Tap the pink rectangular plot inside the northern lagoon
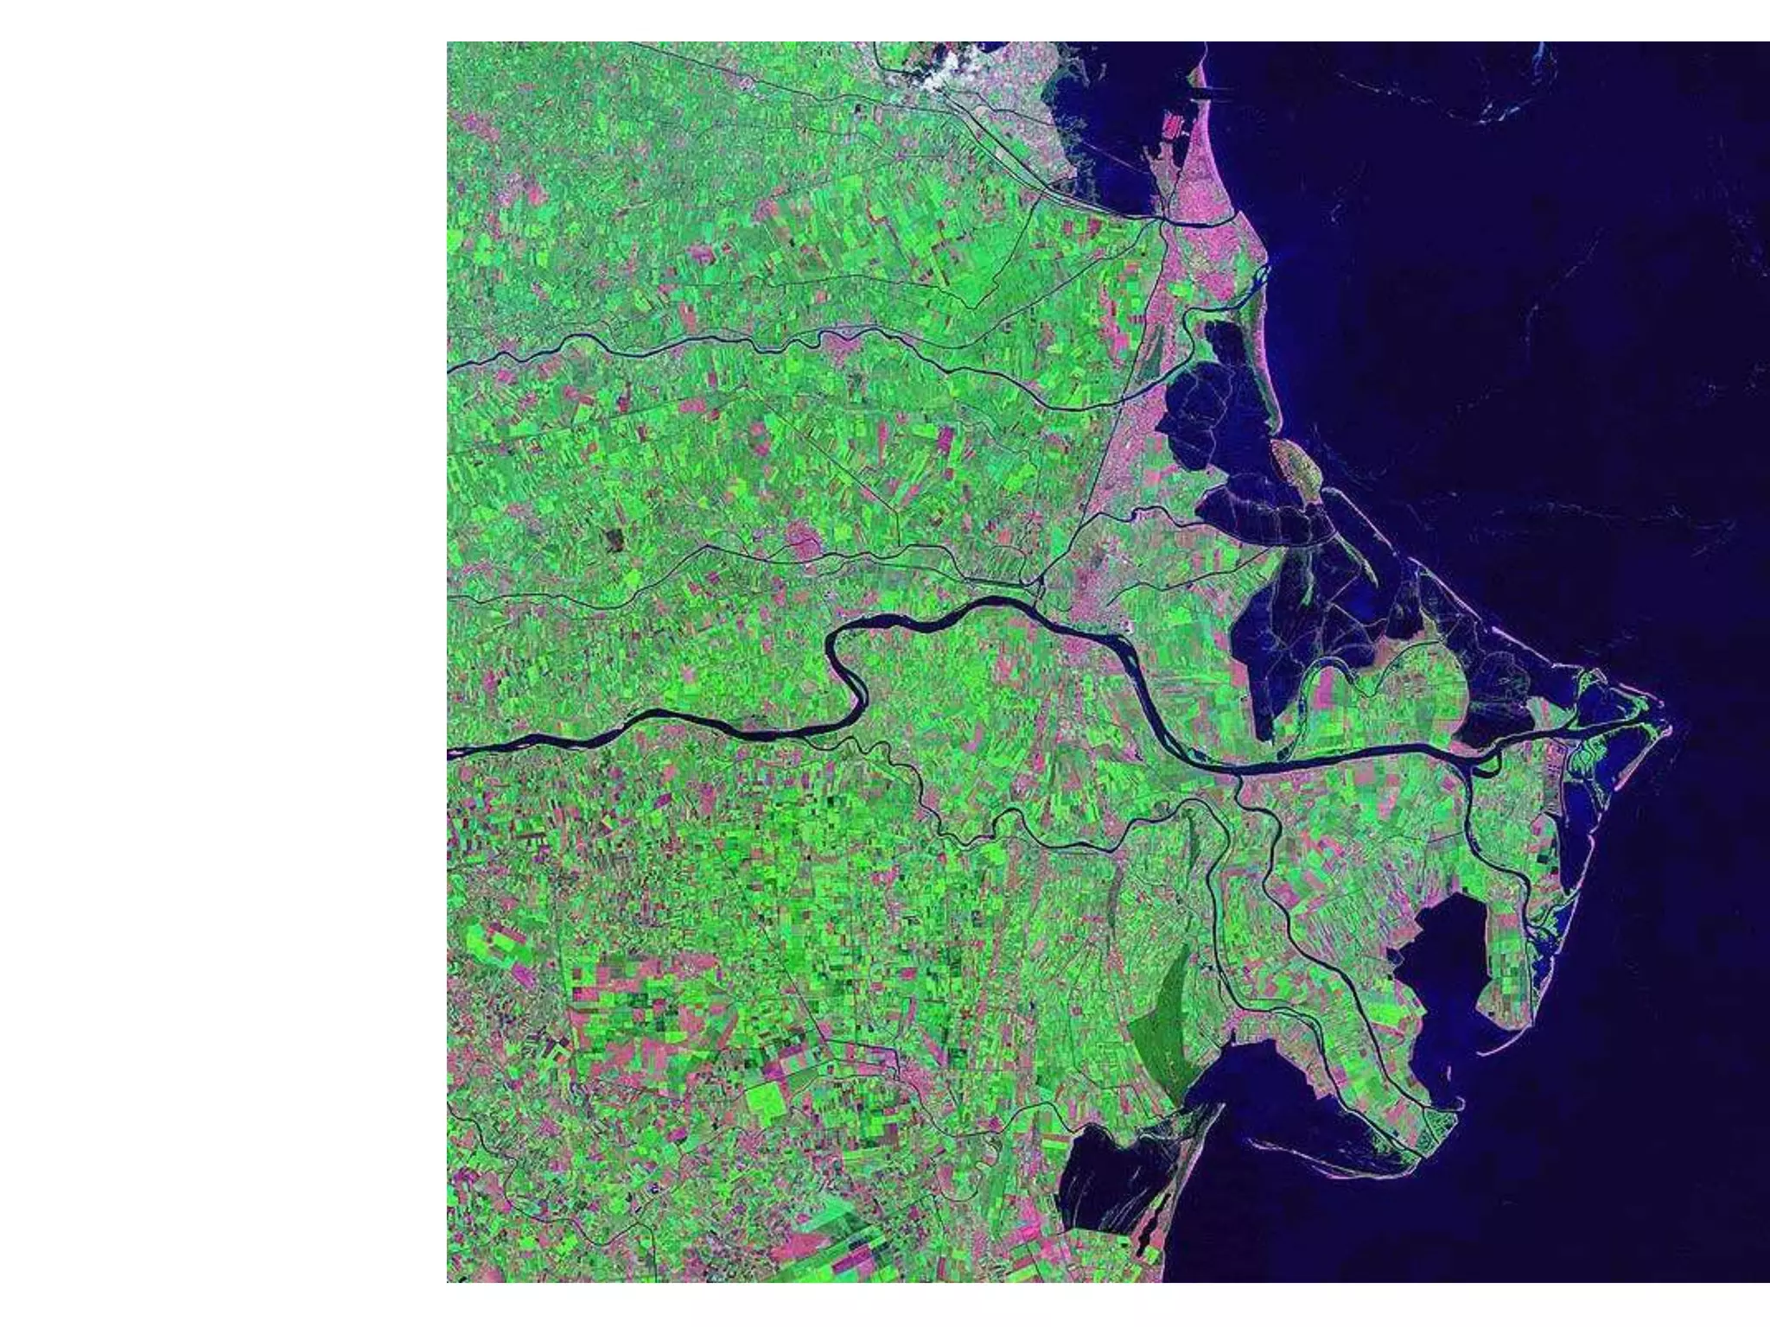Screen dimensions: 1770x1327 [1173, 127]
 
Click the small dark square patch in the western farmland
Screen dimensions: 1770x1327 [614, 539]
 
